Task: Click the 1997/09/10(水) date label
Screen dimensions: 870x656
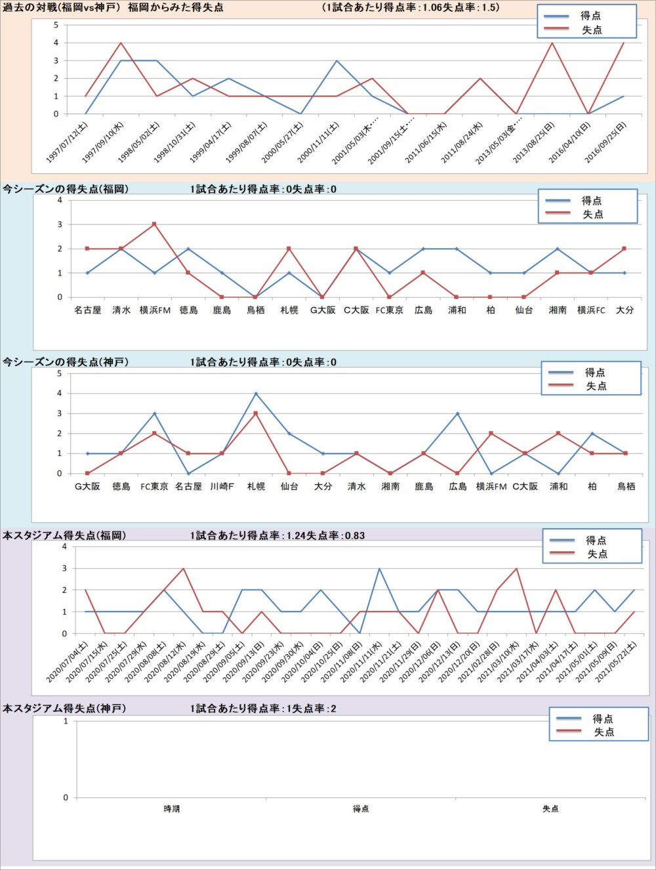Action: pyautogui.click(x=104, y=142)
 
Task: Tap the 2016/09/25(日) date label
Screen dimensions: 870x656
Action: pyautogui.click(x=606, y=142)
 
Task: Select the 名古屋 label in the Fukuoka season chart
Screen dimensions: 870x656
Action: pyautogui.click(x=88, y=310)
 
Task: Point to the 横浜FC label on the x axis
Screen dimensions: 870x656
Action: pyautogui.click(x=591, y=310)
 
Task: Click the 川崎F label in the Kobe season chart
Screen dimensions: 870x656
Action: pyautogui.click(x=222, y=487)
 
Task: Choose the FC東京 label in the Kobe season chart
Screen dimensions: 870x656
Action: pyautogui.click(x=155, y=487)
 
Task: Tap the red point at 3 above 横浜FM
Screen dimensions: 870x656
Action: pyautogui.click(x=155, y=224)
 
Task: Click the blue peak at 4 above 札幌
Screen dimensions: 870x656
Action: pyautogui.click(x=256, y=394)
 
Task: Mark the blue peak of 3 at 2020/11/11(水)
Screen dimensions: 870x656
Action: pyautogui.click(x=379, y=569)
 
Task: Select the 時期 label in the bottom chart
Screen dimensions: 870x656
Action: pyautogui.click(x=172, y=809)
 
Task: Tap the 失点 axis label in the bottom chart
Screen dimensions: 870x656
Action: pyautogui.click(x=550, y=809)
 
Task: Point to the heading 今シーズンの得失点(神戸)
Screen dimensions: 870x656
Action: pyautogui.click(x=66, y=362)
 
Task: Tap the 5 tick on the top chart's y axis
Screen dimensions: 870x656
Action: pyautogui.click(x=56, y=25)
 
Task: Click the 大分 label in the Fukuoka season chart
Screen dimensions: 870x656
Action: pyautogui.click(x=625, y=310)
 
